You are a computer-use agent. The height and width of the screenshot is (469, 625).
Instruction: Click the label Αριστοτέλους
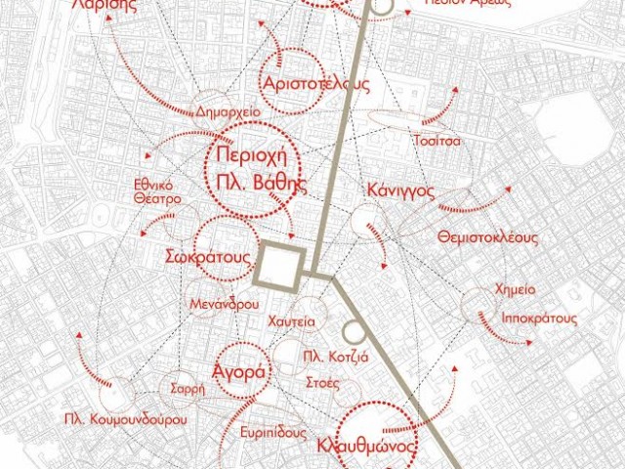[315, 83]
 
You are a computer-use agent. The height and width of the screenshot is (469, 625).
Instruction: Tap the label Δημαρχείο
[228, 109]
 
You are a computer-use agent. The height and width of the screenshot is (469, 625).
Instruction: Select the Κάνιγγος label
[400, 190]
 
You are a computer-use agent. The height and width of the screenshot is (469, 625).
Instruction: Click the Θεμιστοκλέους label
[488, 237]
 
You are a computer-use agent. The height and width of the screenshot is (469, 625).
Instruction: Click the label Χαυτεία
[289, 320]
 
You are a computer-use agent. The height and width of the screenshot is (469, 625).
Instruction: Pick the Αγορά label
[238, 372]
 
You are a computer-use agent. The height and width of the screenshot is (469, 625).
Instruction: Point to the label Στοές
[322, 381]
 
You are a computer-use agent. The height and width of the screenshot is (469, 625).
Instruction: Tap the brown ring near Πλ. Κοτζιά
[354, 332]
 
